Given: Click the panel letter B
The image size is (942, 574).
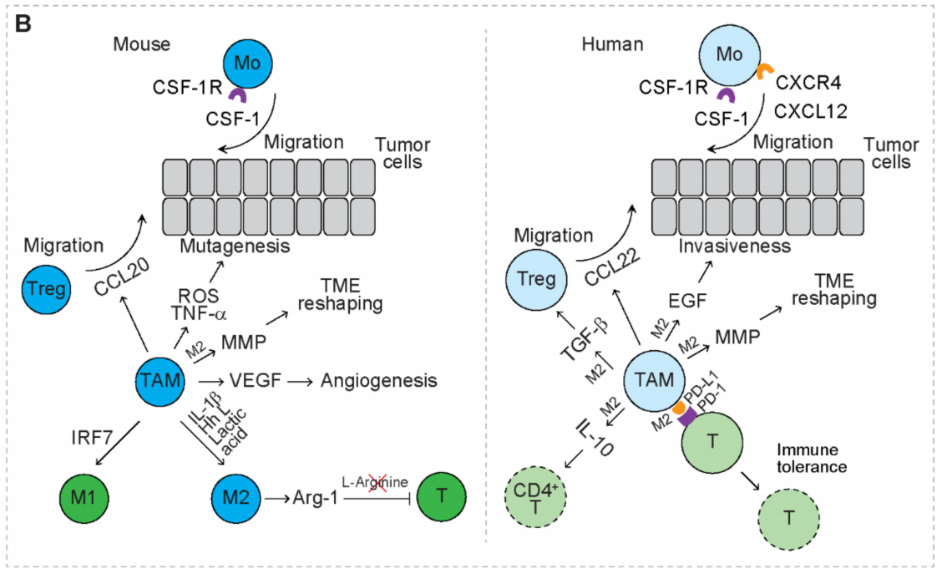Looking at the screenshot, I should [x=23, y=24].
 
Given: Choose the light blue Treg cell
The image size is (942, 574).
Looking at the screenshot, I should [x=534, y=280].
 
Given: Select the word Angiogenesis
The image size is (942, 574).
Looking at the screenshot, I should [x=379, y=381].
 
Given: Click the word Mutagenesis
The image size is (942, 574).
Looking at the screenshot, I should [x=235, y=247].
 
